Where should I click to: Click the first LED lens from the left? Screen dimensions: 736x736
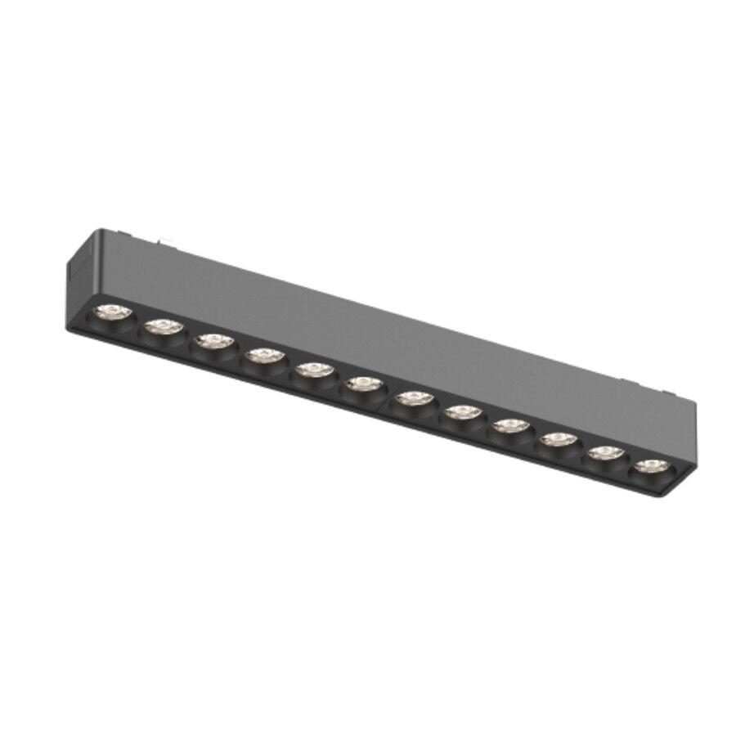[x=112, y=312]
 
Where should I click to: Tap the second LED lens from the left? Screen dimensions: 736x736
[x=164, y=326]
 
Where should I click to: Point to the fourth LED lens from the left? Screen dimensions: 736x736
[x=263, y=355]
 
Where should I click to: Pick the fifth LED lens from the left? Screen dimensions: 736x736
[x=314, y=370]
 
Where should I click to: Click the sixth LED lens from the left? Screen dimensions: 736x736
[x=364, y=384]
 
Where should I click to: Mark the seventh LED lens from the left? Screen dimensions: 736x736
[x=414, y=398]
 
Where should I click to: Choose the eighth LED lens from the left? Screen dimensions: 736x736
[x=463, y=412]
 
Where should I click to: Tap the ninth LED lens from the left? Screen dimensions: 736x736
[x=512, y=426]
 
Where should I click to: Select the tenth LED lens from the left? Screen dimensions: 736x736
[x=559, y=440]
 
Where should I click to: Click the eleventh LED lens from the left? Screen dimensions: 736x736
[x=606, y=453]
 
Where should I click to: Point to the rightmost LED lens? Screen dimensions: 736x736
[x=652, y=466]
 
